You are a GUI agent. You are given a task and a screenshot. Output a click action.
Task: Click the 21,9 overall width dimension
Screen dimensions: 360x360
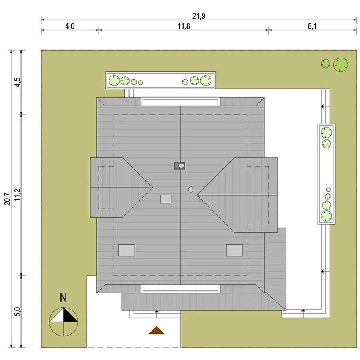(x=199, y=16)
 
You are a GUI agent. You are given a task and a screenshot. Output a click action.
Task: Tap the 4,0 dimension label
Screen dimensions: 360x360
(x=70, y=26)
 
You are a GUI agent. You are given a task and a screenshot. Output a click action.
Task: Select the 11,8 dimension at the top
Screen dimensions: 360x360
(x=184, y=26)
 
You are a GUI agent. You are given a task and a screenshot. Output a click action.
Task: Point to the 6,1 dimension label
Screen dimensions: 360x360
(x=312, y=26)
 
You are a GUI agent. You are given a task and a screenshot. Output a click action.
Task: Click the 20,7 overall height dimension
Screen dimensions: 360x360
(x=7, y=198)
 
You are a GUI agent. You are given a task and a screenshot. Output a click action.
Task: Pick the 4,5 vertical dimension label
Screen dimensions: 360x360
(x=18, y=82)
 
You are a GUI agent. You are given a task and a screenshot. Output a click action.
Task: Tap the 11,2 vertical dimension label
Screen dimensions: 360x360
(x=18, y=195)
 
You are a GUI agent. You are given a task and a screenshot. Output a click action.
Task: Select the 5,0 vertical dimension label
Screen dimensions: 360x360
(x=18, y=312)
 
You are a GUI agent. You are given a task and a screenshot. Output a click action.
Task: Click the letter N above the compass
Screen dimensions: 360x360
(x=63, y=298)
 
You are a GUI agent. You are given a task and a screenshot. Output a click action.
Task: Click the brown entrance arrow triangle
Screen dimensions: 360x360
(x=156, y=330)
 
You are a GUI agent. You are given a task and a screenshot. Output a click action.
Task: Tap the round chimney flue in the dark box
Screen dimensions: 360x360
(x=181, y=166)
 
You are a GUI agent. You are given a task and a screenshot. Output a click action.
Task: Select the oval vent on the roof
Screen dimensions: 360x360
(x=190, y=190)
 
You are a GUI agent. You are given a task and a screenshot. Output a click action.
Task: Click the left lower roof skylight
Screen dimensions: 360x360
(x=126, y=250)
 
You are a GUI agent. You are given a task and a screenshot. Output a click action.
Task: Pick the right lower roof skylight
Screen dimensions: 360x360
(x=234, y=250)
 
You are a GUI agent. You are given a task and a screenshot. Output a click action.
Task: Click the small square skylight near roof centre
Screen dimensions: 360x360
(x=166, y=199)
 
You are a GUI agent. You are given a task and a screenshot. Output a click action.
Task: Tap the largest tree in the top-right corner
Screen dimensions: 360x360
(x=340, y=65)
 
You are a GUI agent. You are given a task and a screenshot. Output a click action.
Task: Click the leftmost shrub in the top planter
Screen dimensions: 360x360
(x=114, y=80)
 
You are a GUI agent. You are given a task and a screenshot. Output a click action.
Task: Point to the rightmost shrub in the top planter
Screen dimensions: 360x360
(x=206, y=80)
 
